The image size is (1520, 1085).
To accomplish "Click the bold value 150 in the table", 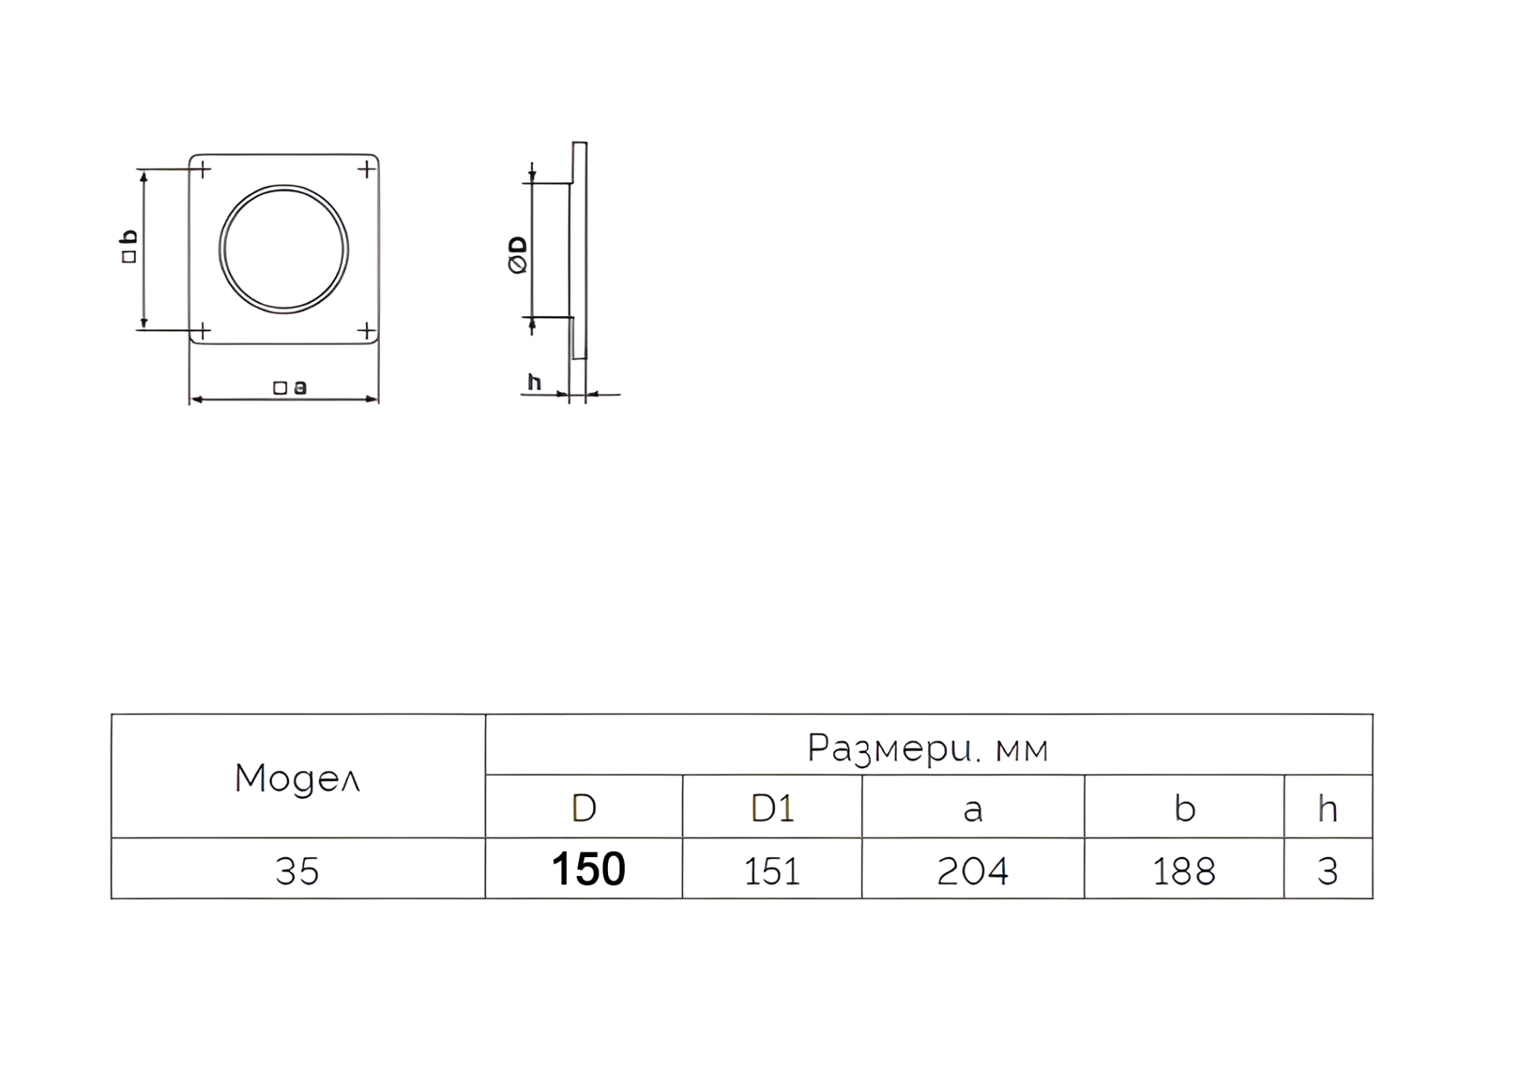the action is click(588, 869).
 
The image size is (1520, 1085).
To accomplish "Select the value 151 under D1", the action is click(772, 871).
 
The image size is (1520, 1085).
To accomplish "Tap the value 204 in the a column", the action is click(973, 871).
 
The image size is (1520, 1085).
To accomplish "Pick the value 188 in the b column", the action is click(1184, 871).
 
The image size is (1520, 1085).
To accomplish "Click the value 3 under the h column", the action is click(1328, 871).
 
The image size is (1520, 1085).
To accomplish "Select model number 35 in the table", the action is click(297, 871).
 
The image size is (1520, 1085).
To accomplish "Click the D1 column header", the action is click(772, 808).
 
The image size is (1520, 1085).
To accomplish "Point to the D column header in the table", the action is click(584, 808).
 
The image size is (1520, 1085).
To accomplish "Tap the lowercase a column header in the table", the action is click(973, 811).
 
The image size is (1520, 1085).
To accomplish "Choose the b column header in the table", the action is click(1185, 808).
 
